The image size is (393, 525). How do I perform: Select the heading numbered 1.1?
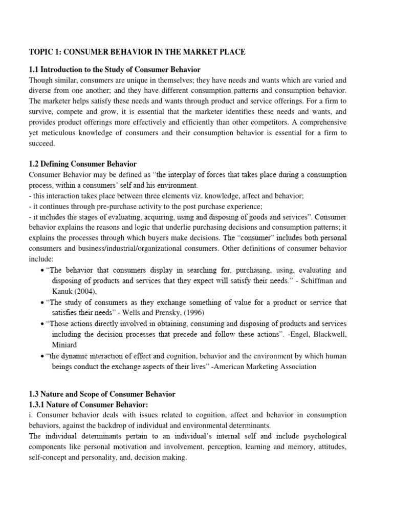click(x=115, y=69)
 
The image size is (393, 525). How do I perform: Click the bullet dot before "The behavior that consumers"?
click(x=41, y=270)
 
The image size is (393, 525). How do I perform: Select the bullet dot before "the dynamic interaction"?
click(x=41, y=356)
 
